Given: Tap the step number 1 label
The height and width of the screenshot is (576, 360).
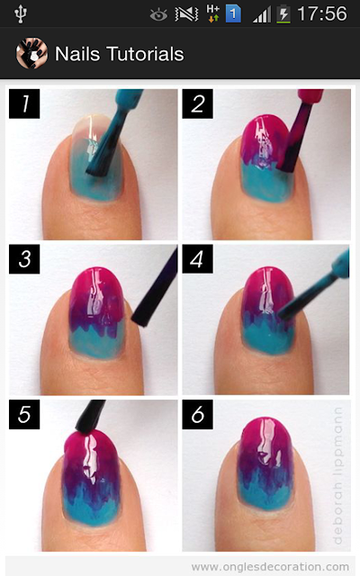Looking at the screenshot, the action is point(24,103).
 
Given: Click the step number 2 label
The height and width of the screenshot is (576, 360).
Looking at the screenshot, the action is point(198,103).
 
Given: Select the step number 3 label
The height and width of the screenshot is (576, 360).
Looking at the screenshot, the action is point(24,259).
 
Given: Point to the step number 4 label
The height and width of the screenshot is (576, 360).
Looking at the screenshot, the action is point(198,259).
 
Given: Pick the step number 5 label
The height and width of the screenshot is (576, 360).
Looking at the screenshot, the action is point(24,414).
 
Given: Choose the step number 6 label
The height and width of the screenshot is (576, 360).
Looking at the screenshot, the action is point(198,414).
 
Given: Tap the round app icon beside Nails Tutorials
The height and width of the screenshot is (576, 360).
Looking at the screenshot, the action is point(31,53).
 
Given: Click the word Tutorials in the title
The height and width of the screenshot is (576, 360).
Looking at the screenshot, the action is point(146,54).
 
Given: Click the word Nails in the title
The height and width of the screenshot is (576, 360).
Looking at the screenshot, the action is point(77,54).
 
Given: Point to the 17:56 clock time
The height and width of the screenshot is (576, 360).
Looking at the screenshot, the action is point(322,14).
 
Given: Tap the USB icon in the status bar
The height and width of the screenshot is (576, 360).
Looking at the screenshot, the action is point(21,14).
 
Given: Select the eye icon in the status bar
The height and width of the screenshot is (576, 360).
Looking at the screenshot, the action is point(158,15).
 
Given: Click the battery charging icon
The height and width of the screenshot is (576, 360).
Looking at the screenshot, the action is point(283,14).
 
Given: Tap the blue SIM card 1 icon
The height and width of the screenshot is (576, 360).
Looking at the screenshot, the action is point(233,14).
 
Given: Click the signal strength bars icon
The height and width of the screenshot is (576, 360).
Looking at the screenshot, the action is point(262,15).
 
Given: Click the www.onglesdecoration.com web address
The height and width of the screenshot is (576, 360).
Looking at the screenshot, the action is point(270,567).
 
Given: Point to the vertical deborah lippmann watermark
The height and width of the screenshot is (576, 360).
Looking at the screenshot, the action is point(337,475).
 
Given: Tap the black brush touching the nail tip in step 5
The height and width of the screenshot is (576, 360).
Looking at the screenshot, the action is point(90,416).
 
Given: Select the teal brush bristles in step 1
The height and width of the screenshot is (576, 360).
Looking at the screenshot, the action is point(105,144).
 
